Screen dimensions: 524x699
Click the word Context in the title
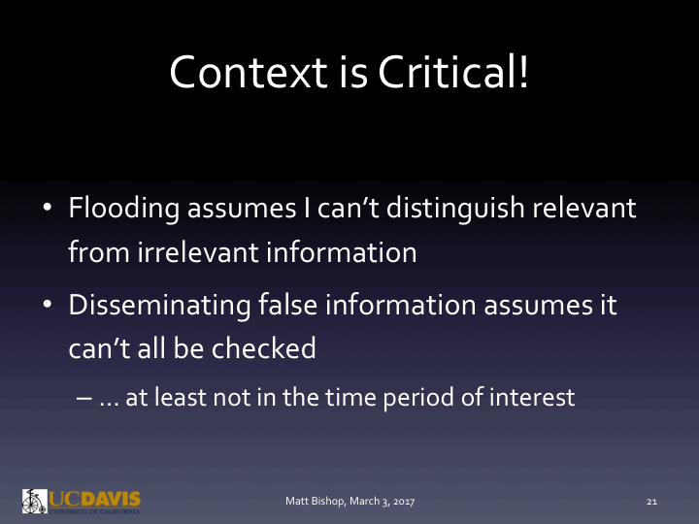click(236, 73)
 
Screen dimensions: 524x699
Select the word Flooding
click(124, 209)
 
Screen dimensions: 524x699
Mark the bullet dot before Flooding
click(47, 210)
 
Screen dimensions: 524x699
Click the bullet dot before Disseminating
click(47, 307)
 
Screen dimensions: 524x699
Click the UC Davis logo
click(82, 501)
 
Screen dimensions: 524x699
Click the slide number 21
click(652, 502)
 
